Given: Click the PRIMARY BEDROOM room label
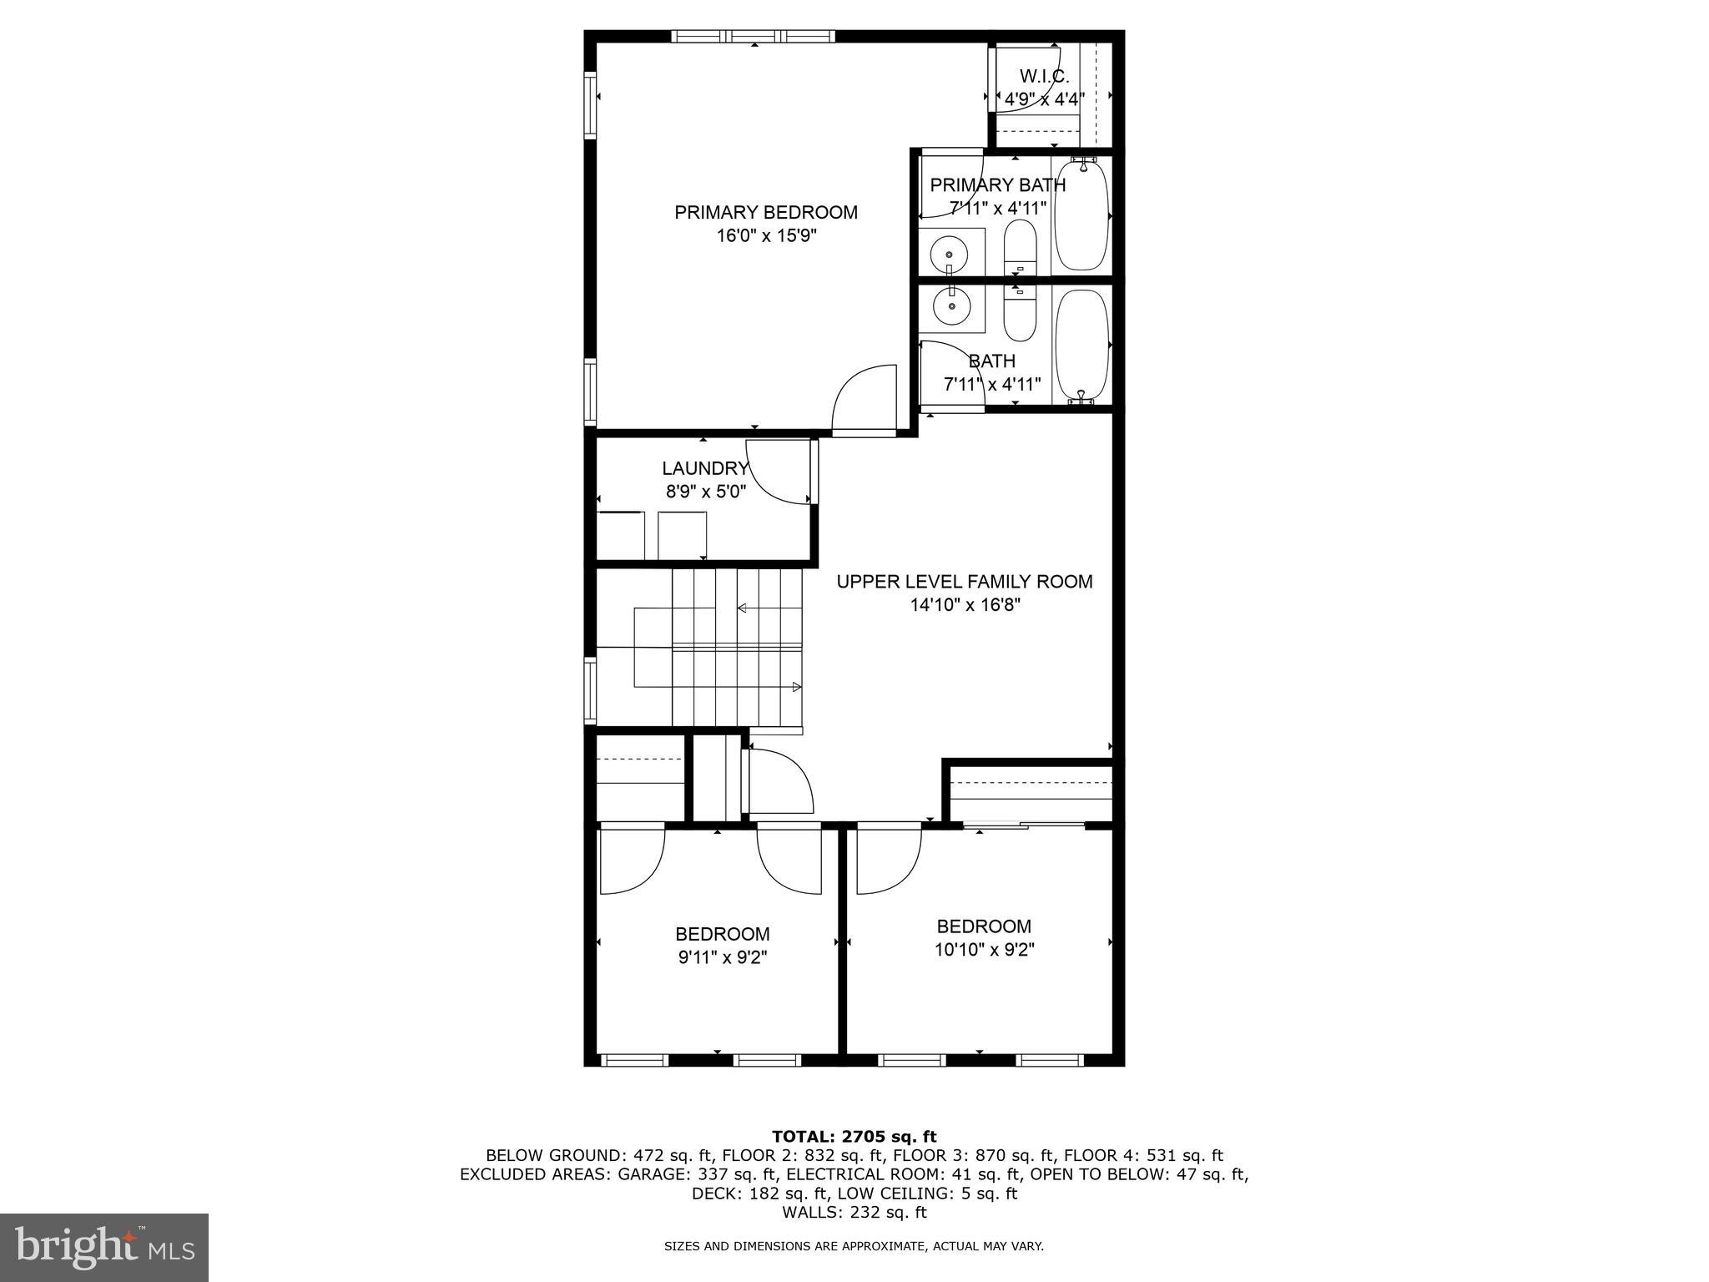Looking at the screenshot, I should [x=765, y=213].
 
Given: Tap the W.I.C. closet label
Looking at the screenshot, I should [x=1044, y=77].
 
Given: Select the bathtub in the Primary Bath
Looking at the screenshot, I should [x=1081, y=215].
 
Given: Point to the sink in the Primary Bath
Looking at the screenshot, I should [x=950, y=250].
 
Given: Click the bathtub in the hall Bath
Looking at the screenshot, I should [x=1081, y=345].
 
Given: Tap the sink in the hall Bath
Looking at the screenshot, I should [x=950, y=305].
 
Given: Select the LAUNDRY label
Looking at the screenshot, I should [x=705, y=469].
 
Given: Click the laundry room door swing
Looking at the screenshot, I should [x=780, y=472].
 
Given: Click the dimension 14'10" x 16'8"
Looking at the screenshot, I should [x=965, y=605].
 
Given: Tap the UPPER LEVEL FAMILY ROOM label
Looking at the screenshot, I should [x=965, y=582].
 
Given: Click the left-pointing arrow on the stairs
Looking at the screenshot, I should [x=742, y=608].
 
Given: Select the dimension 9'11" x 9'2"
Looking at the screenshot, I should [x=722, y=957].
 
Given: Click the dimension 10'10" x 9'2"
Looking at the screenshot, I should [x=984, y=950].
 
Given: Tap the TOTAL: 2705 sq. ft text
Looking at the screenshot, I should [x=854, y=1137].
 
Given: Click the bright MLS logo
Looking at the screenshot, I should [x=103, y=1248].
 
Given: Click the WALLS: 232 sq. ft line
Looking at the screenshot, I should [x=854, y=1213].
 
